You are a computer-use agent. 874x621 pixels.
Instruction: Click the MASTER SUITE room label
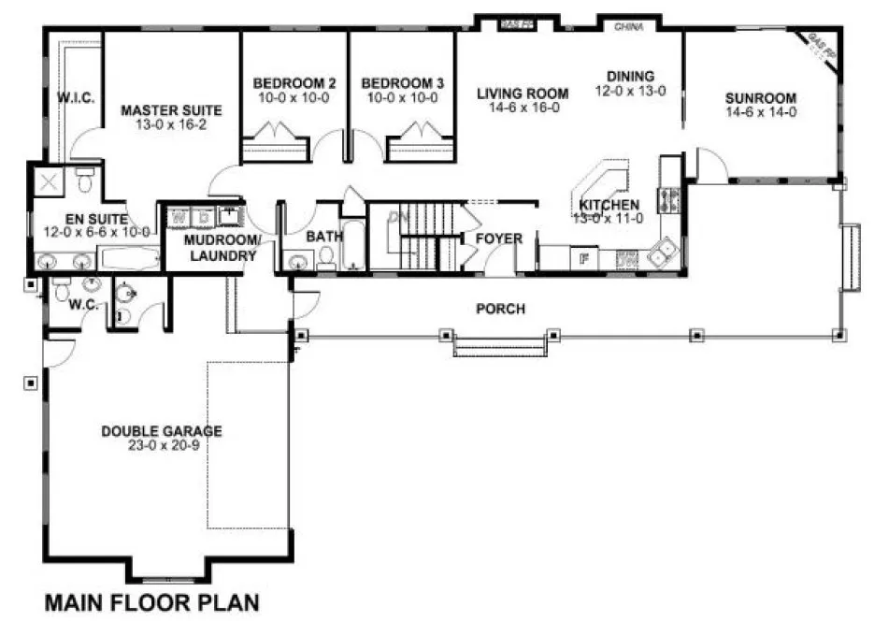coord(163,110)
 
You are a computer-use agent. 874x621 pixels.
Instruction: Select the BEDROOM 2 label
coord(294,83)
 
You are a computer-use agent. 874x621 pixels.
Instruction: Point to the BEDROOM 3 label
coord(401,83)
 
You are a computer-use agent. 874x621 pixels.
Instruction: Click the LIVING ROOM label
coord(523,93)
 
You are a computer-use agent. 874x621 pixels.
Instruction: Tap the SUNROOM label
coord(760,98)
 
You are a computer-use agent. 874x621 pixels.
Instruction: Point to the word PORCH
coord(499,309)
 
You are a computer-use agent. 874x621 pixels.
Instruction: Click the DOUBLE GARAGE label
coord(162,431)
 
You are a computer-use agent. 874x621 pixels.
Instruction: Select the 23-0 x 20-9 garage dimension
coord(162,445)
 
